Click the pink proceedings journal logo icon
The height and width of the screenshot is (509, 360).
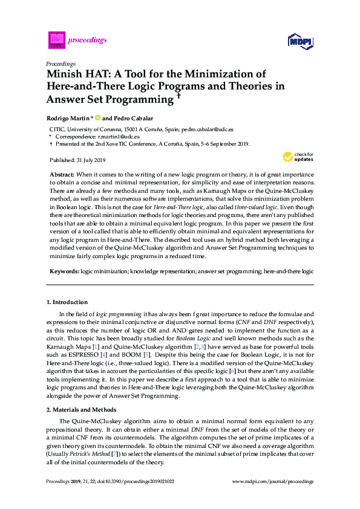[56, 40]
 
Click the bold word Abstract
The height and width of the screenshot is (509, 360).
[63, 173]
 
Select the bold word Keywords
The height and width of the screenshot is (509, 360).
[64, 272]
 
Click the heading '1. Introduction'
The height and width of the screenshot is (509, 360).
[67, 302]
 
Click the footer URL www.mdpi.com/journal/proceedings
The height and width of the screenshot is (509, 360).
[273, 481]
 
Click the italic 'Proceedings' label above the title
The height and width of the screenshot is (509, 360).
[61, 63]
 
